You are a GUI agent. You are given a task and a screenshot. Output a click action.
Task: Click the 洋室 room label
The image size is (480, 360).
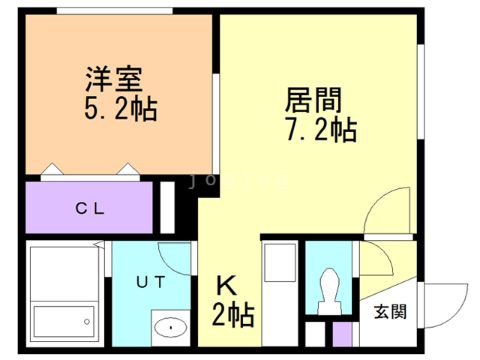point(113,77)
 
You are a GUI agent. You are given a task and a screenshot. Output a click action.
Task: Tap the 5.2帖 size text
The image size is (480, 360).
point(120,109)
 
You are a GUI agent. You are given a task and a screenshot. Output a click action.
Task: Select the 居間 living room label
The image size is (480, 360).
point(313,99)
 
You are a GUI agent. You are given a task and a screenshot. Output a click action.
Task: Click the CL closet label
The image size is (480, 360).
point(89,208)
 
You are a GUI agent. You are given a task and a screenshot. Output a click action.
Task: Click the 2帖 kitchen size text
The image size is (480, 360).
point(233,313)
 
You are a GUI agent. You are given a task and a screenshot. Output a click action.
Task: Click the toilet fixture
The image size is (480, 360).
point(330,289)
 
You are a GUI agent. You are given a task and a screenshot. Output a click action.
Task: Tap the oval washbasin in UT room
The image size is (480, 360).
point(173,328)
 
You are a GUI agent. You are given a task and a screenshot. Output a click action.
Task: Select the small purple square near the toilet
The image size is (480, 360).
point(342,334)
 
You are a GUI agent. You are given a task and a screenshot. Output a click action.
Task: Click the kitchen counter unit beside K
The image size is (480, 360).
point(282,292)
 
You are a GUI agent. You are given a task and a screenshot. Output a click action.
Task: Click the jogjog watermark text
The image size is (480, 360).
point(239,180)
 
